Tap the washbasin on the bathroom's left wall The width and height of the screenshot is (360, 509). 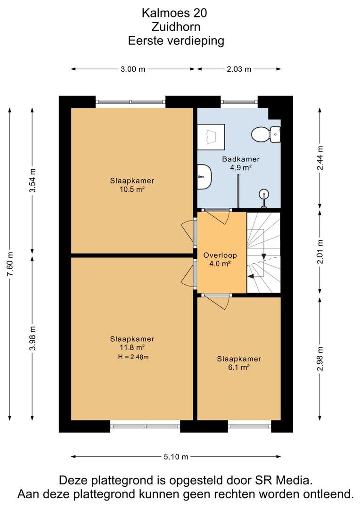[205, 177]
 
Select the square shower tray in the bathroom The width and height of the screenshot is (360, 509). [211, 137]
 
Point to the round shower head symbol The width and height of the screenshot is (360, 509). [264, 195]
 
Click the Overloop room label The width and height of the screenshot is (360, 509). [220, 255]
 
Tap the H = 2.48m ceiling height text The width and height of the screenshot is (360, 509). [133, 357]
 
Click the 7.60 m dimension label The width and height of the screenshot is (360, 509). [10, 264]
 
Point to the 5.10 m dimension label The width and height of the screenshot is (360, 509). [176, 457]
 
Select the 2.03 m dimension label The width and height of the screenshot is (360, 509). [239, 69]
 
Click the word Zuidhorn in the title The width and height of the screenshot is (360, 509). [176, 26]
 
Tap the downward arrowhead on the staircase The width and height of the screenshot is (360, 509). [264, 256]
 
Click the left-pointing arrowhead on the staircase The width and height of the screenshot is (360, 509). [251, 276]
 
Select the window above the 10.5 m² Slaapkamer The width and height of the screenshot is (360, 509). [131, 102]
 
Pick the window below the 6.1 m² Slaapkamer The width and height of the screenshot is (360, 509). [250, 426]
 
